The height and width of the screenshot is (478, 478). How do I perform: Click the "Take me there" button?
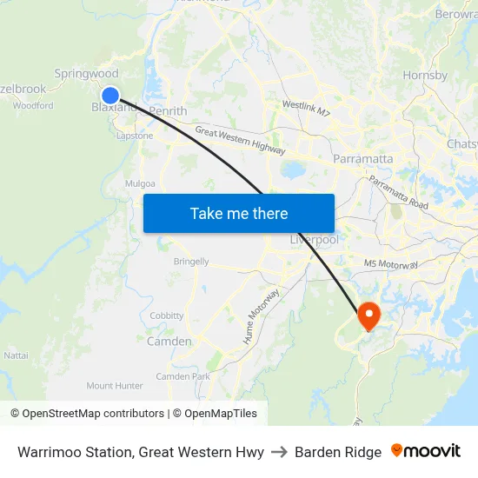coord(239,213)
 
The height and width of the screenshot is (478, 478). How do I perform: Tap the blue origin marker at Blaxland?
coord(110,96)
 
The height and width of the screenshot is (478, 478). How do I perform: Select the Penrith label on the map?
coord(168,111)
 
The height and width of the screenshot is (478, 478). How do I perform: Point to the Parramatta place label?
coord(363,159)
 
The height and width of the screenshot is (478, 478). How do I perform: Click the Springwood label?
coord(86,75)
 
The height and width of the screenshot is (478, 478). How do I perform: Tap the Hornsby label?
coord(425,76)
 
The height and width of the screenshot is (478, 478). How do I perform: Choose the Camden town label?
coord(169,342)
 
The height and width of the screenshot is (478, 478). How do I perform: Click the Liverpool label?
coord(313,239)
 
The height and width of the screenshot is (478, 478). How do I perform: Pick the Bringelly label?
coord(191,262)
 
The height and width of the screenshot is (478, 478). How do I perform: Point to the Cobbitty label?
coord(167,315)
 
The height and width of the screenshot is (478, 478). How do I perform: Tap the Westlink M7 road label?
coord(306,108)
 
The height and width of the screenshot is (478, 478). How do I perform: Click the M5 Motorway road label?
coord(392,264)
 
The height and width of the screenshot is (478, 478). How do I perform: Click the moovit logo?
coord(426,451)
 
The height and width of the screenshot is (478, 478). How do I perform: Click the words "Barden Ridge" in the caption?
coord(338,452)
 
